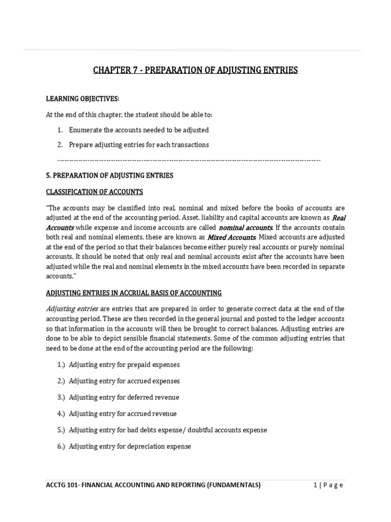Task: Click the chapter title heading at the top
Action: click(195, 70)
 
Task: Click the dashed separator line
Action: click(183, 160)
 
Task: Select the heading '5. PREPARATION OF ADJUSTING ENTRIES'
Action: click(109, 175)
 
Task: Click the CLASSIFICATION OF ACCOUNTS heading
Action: click(94, 192)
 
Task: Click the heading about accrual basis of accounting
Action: click(133, 293)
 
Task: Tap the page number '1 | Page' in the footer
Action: click(328, 485)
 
